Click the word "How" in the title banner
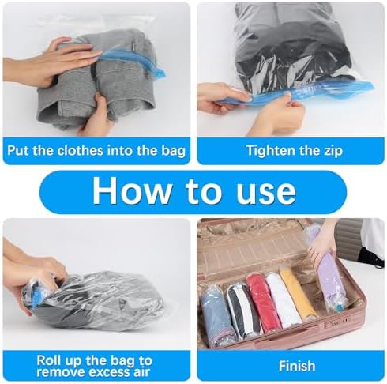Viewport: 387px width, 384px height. tap(132, 190)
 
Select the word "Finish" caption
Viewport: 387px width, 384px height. tap(297, 366)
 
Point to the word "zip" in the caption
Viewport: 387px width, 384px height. tap(333, 151)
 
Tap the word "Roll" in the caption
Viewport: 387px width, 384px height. tap(47, 360)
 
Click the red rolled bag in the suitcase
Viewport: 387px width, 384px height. tap(263, 303)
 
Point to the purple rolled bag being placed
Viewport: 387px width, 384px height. tap(333, 279)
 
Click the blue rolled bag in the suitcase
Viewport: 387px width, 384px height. tap(216, 316)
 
